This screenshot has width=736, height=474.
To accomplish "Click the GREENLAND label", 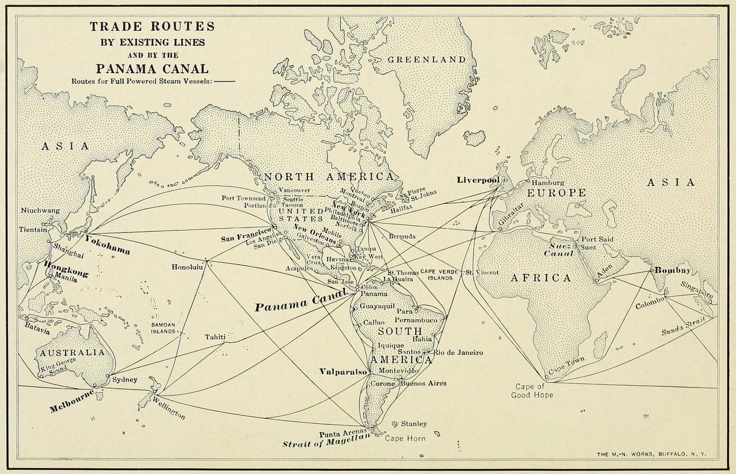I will pyautogui.click(x=426, y=59).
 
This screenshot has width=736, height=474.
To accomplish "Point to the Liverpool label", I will pyautogui.click(x=478, y=180).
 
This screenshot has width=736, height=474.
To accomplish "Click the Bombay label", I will pyautogui.click(x=672, y=270).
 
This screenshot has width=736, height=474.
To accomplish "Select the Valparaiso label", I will pyautogui.click(x=343, y=372).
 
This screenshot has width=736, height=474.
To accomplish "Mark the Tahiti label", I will pyautogui.click(x=215, y=337).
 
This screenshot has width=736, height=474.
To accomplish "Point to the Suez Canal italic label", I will pyautogui.click(x=561, y=248).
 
